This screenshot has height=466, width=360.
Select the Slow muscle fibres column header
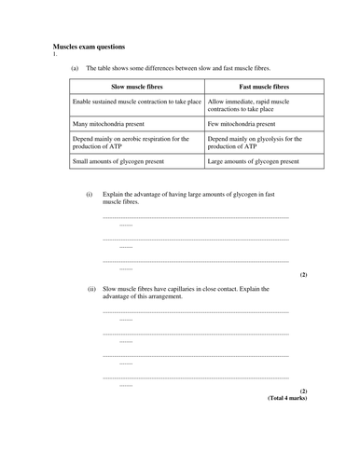coord(136,87)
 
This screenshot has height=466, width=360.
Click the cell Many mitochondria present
coord(113,123)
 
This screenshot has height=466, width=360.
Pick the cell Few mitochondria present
coord(242,123)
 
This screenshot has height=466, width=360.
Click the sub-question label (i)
coord(90,195)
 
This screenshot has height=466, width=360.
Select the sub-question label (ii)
coord(91,289)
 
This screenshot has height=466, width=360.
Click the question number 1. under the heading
coord(55,53)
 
